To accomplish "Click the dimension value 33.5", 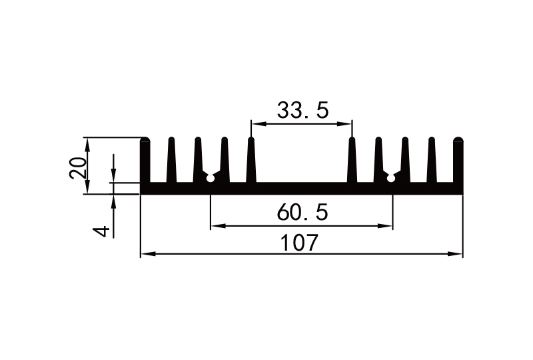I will (302, 111).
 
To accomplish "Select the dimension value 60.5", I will (302, 213).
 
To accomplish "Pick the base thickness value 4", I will (101, 231).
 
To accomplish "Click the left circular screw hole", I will (211, 177).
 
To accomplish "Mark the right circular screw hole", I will (391, 177).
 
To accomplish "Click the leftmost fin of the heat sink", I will (145, 160).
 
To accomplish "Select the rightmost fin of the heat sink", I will (458, 160).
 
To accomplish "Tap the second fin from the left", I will (171, 160).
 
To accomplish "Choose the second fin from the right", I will (431, 160).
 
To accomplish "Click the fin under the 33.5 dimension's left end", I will (251, 160).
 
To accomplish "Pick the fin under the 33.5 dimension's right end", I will (352, 160).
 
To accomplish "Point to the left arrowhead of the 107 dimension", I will (145, 254).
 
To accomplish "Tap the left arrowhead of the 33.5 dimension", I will (256, 123).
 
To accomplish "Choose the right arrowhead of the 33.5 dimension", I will (347, 123).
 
